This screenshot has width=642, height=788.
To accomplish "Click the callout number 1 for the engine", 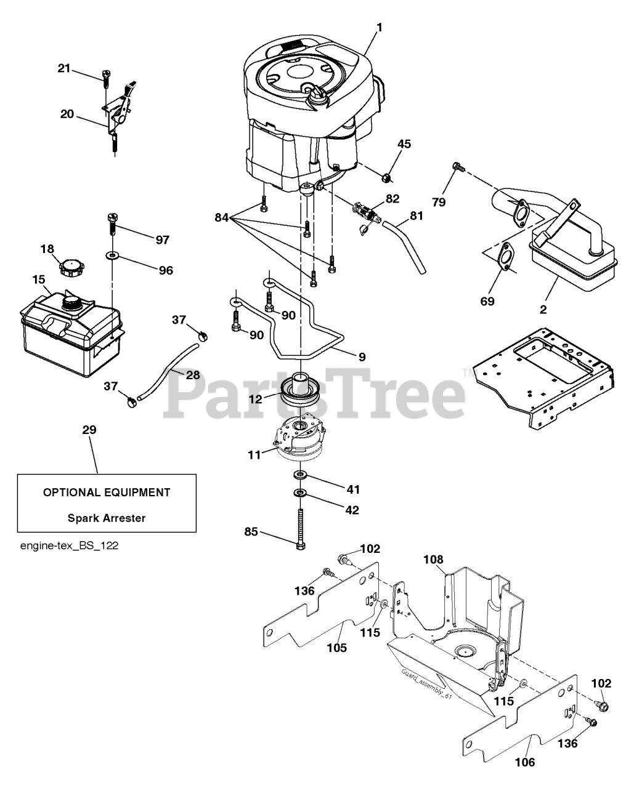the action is (379, 28).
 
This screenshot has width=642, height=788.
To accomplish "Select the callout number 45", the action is (404, 144).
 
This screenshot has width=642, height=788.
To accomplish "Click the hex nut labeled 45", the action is (386, 178).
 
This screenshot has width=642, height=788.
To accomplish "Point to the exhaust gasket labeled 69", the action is (505, 255).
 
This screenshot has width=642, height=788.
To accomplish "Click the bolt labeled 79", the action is (458, 167).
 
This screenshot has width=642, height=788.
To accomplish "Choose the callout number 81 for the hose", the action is (416, 215).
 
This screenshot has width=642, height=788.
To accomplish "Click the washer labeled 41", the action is (299, 474).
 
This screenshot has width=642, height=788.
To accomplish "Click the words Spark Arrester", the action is (107, 518).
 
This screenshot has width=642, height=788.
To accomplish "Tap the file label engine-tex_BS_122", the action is (69, 546).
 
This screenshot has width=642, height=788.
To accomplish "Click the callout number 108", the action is (434, 569).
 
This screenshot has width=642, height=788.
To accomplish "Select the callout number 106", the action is (525, 762).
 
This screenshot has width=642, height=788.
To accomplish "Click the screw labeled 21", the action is (106, 79).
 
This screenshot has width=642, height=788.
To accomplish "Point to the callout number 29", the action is (89, 430).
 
